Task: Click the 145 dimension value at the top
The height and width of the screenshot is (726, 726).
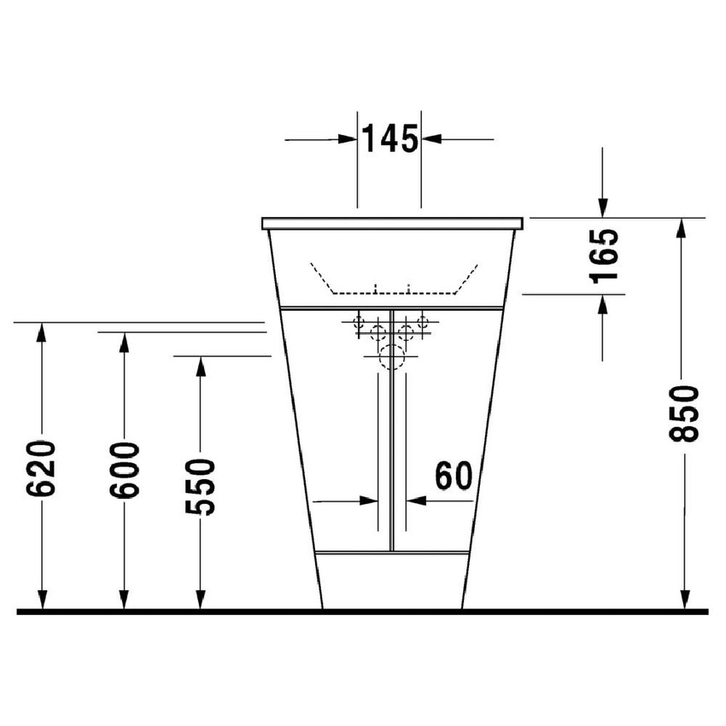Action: click(389, 138)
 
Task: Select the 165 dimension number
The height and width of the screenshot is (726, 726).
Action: click(604, 255)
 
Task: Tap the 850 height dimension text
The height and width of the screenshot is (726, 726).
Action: click(684, 413)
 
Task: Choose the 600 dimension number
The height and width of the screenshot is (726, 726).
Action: click(125, 471)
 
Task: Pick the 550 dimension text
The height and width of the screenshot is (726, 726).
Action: click(201, 486)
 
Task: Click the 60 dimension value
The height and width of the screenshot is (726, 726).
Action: click(453, 476)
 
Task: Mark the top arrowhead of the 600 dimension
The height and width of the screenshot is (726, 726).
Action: click(124, 342)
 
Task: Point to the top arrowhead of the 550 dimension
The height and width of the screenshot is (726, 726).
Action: click(200, 366)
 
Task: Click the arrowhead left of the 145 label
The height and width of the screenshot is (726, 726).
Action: click(348, 138)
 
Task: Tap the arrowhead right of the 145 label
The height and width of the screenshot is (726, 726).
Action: click(430, 138)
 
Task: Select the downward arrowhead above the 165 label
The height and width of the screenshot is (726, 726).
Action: click(603, 208)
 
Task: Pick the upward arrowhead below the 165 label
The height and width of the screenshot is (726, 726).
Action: click(603, 304)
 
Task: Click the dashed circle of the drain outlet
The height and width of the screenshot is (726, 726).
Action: click(391, 357)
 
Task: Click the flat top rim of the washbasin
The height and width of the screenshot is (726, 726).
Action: click(392, 223)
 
